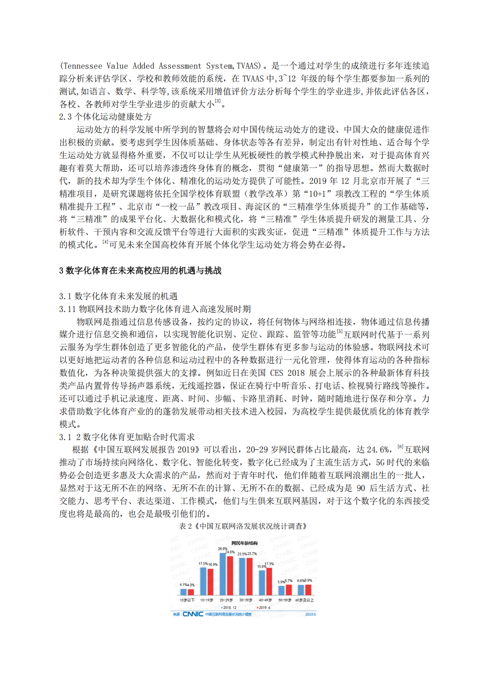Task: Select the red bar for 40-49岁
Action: pos(269,582)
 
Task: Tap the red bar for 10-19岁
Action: pos(210,582)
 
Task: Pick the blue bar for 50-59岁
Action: pos(281,590)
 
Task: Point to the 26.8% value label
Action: pos(222,549)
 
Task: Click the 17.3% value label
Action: pos(269,564)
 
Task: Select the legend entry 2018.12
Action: pos(229,608)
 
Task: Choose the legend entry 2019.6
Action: pos(264,608)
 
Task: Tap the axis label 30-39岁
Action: pos(245,600)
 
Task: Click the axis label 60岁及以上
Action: pos(304,600)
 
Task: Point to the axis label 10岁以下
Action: pos(187,600)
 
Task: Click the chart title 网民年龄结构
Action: pos(244,543)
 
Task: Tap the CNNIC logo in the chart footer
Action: pos(193,614)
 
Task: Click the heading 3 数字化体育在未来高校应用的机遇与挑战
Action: pos(140,270)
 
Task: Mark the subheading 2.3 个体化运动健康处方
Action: pos(106,117)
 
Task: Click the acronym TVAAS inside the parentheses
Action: pos(248,66)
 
